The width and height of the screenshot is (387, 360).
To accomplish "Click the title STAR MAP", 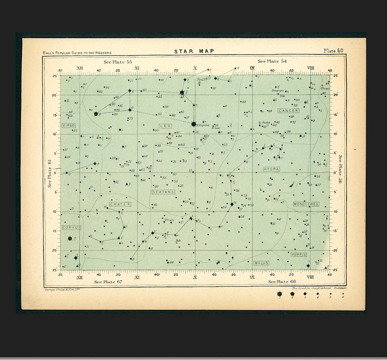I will click(x=194, y=51).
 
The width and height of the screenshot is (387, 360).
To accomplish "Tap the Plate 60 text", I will click(x=333, y=51).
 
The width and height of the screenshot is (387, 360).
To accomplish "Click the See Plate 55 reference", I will click(x=117, y=62).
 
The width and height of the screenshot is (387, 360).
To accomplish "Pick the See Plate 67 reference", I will click(x=108, y=281).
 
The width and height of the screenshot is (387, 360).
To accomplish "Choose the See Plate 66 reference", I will click(x=282, y=281).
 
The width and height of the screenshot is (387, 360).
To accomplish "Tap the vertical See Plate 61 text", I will click(x=49, y=173).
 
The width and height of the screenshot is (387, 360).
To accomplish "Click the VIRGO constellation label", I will click(x=69, y=125).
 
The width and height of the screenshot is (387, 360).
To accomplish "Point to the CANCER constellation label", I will click(x=288, y=111).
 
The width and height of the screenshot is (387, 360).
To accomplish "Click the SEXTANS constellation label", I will click(x=163, y=192).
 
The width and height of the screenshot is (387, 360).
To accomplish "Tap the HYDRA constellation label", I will click(x=271, y=169).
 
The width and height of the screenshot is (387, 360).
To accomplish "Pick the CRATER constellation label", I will click(x=119, y=204).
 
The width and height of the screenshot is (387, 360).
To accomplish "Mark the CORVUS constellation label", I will click(x=71, y=227).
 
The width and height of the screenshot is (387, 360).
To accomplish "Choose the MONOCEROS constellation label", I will click(x=306, y=204).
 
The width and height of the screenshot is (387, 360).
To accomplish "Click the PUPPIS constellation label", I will click(x=299, y=254).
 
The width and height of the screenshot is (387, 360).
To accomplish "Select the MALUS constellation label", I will click(x=261, y=263).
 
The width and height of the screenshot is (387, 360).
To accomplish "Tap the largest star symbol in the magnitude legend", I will click(x=280, y=294).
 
